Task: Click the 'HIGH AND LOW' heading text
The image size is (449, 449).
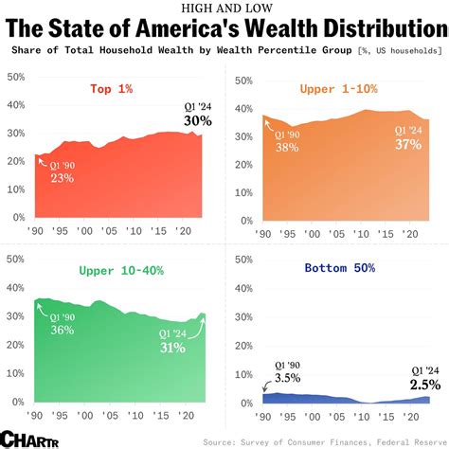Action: pyautogui.click(x=224, y=9)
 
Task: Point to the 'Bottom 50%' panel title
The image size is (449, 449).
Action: pyautogui.click(x=338, y=269)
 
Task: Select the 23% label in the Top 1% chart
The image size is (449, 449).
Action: pyautogui.click(x=63, y=176)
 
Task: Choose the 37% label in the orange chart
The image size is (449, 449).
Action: pyautogui.click(x=408, y=143)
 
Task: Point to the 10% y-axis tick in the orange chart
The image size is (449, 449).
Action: pyautogui.click(x=242, y=189)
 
